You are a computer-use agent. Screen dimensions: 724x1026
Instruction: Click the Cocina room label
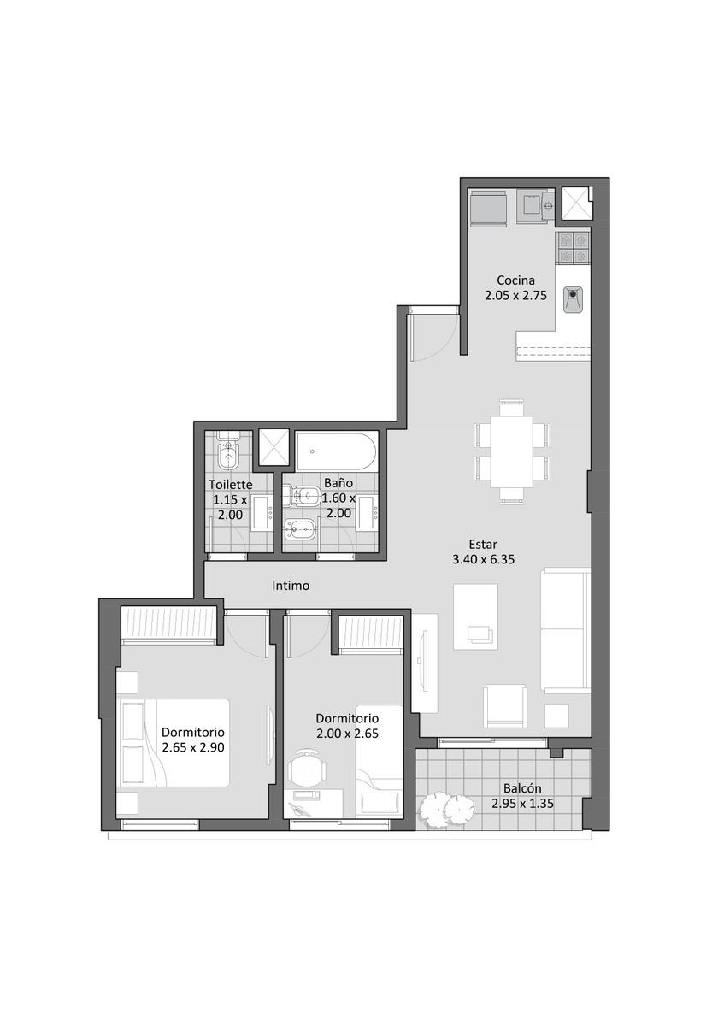[x=515, y=280]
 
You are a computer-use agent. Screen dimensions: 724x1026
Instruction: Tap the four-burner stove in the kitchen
[x=573, y=248]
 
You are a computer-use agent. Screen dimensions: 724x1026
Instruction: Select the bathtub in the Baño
[x=336, y=451]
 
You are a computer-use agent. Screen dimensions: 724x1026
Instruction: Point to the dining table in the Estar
[x=511, y=451]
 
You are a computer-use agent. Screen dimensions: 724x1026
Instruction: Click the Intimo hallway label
[x=291, y=586]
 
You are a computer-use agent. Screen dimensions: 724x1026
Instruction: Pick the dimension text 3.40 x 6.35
[x=483, y=559]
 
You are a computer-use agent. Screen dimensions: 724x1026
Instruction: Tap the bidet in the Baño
[x=301, y=530]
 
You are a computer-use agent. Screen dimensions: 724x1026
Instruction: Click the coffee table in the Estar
[x=475, y=616]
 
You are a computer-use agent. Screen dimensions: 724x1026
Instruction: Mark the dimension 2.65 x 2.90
[x=193, y=747]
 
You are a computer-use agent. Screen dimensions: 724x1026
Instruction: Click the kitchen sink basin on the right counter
[x=573, y=299]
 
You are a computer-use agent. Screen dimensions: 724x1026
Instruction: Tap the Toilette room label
[x=230, y=484]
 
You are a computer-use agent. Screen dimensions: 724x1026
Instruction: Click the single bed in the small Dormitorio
[x=380, y=762]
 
